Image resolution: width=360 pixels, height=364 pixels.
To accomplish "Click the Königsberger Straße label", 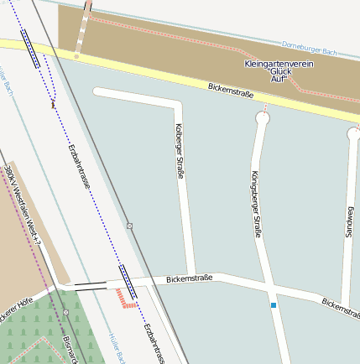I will point(255,204).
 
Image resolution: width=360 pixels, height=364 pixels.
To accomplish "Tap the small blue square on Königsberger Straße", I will point(273,305).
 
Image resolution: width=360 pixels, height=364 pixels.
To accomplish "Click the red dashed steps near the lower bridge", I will point(125,297).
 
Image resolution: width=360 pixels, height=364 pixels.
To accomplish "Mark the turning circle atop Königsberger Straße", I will point(262,119).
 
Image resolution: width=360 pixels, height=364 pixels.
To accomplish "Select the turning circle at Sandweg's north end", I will point(353,133).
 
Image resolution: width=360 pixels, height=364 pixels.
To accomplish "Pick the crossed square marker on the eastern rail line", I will point(129,226).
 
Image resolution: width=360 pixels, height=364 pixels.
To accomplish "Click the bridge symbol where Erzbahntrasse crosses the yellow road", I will point(31,49).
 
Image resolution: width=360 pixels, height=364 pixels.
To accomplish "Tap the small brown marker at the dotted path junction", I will point(53,106).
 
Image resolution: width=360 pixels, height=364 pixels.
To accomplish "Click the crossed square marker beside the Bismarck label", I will point(65,314).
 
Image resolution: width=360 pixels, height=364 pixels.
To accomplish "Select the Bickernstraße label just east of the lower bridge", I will point(189,278).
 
